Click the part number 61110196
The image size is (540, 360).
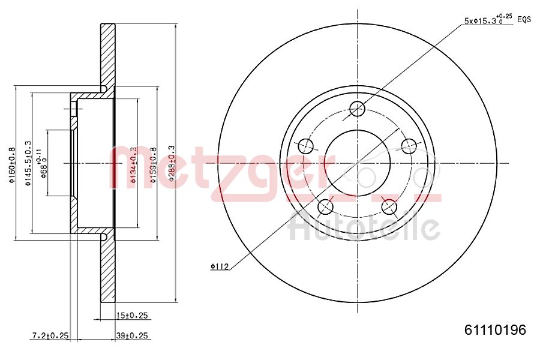pyautogui.click(x=495, y=330)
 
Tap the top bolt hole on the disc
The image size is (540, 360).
pyautogui.click(x=358, y=109)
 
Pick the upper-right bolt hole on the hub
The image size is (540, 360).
pyautogui.click(x=409, y=145)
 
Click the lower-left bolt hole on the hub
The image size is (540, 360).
pyautogui.click(x=325, y=206)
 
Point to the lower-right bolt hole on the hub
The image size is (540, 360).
pyautogui.click(x=389, y=207)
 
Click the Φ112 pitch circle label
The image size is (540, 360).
pyautogui.click(x=220, y=267)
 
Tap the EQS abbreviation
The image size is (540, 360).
pyautogui.click(x=524, y=19)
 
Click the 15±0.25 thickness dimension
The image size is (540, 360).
pyautogui.click(x=133, y=315)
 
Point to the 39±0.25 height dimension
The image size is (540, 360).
pyautogui.click(x=133, y=335)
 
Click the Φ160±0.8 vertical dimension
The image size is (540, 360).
pyautogui.click(x=11, y=166)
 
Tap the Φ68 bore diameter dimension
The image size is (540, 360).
pyautogui.click(x=43, y=163)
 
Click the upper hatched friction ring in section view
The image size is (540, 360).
pyautogui.click(x=107, y=54)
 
